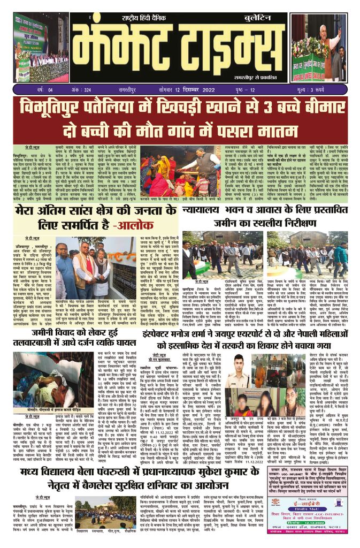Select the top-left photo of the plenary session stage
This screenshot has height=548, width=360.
pos(36,48)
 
